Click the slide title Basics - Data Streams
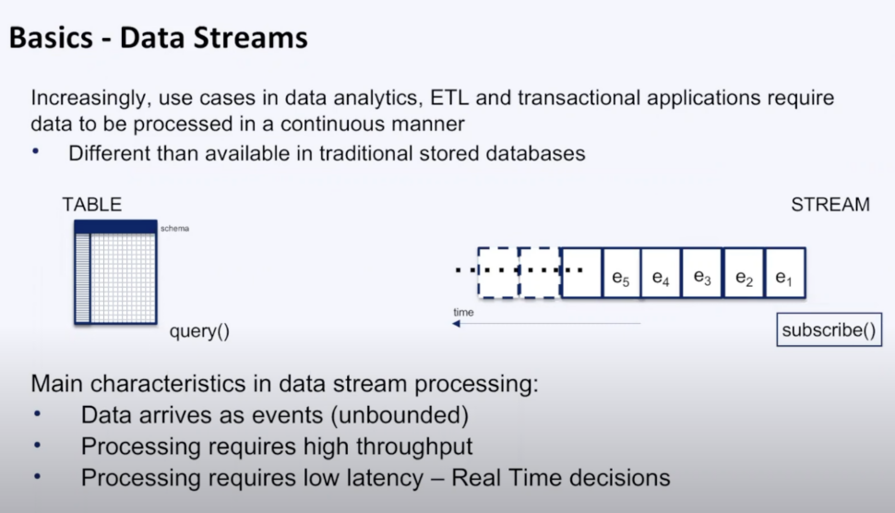click(x=158, y=38)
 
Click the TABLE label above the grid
click(x=92, y=205)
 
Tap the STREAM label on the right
click(x=829, y=205)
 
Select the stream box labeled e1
click(x=785, y=273)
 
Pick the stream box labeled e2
click(x=744, y=273)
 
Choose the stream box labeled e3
click(x=702, y=273)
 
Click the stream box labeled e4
click(x=661, y=273)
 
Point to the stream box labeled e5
click(x=620, y=273)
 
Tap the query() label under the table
click(x=198, y=331)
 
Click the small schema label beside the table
click(x=174, y=228)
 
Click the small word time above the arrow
click(x=463, y=313)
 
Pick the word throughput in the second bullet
click(x=406, y=447)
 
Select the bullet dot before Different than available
click(x=39, y=153)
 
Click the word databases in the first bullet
click(x=534, y=153)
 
